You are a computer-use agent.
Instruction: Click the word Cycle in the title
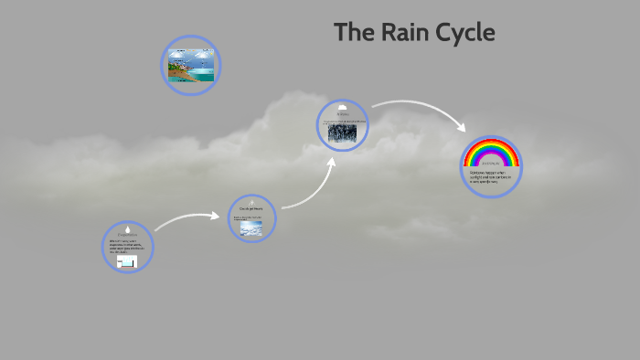point(460,34)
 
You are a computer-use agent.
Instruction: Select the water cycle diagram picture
point(190,66)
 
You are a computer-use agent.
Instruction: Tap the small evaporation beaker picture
point(126,262)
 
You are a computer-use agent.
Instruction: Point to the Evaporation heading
point(127,236)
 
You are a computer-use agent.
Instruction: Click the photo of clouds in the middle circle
point(251,229)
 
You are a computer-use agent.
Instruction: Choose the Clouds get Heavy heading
point(251,209)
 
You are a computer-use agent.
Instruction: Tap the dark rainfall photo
point(343,132)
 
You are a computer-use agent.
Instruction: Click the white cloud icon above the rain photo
point(342,108)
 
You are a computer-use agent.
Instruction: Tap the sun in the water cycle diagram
point(205,55)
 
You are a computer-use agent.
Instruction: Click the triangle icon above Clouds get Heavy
point(251,202)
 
